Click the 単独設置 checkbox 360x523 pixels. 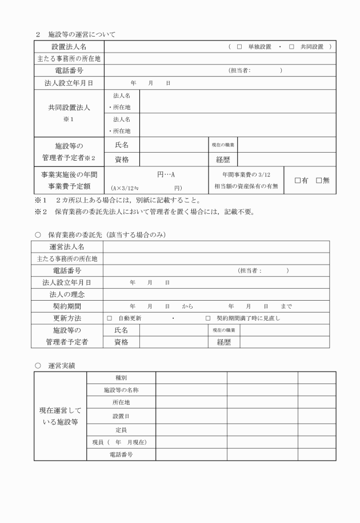tap(239, 46)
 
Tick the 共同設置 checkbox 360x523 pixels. tap(291, 46)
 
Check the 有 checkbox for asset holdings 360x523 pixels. tap(298, 181)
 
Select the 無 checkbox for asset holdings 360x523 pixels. tap(319, 181)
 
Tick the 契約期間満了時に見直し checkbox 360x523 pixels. tap(208, 318)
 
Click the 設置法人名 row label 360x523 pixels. tap(69, 46)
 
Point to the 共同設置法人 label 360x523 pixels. tap(69, 107)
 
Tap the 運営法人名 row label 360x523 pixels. tap(67, 246)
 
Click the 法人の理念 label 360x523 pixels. tap(67, 294)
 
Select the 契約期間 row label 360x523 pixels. tap(67, 306)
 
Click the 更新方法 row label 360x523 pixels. tap(67, 318)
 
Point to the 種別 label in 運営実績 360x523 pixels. tap(121, 377)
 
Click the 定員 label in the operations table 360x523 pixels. tap(121, 429)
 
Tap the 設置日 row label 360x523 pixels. tap(121, 416)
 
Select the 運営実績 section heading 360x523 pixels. tap(63, 364)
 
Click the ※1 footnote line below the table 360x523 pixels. tap(117, 200)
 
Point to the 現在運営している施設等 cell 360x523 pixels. tap(60, 416)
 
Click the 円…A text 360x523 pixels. tap(166, 174)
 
